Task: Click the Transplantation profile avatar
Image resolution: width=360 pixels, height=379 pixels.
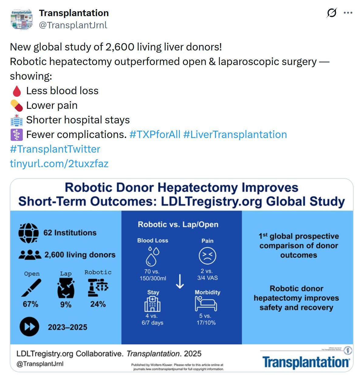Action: tap(22, 19)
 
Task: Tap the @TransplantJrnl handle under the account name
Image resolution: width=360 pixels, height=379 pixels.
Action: tap(73, 25)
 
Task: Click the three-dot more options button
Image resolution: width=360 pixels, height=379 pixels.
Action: tap(348, 13)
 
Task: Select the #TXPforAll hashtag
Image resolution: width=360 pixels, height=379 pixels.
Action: tap(155, 134)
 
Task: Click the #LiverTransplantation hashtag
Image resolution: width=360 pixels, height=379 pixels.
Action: tap(235, 134)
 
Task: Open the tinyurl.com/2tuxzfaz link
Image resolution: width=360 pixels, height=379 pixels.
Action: tap(59, 164)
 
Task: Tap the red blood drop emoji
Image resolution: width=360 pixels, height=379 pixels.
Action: tap(17, 91)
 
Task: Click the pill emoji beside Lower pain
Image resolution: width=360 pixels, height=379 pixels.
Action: tap(17, 105)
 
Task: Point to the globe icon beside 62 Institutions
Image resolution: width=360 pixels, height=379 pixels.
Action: tap(28, 233)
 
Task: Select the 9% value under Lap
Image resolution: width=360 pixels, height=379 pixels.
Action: tap(66, 305)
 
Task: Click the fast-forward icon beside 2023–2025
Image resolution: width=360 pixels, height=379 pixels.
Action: tap(29, 327)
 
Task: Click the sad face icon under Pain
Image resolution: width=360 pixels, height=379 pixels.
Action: tap(207, 256)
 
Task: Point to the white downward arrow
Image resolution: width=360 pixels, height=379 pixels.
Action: tap(180, 281)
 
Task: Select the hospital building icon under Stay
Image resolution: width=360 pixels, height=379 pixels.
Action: tap(153, 304)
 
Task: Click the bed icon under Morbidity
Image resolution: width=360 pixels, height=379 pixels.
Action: tap(206, 304)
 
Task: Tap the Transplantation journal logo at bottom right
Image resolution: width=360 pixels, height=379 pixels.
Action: tap(306, 362)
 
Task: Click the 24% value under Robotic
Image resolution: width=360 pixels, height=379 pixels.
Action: tap(98, 304)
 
